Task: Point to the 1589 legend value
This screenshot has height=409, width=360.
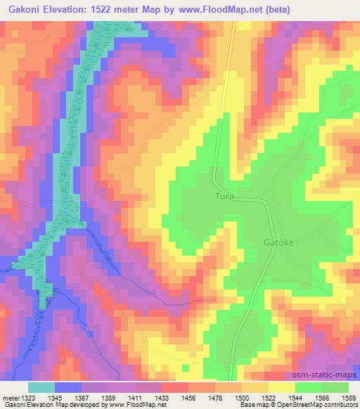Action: (345, 398)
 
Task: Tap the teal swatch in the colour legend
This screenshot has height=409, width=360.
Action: (41, 387)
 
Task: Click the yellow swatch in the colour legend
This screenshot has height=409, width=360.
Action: (280, 387)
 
